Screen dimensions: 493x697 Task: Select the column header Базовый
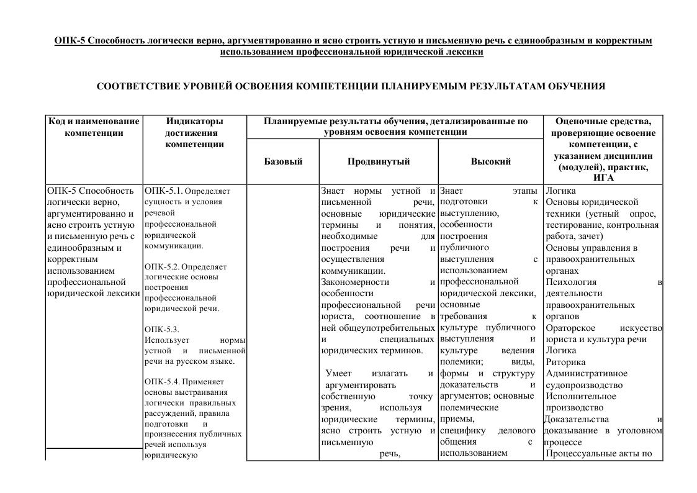[283, 161]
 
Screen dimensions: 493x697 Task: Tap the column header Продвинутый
[379, 161]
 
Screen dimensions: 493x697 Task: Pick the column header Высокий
[490, 161]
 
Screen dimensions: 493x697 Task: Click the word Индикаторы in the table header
[194, 121]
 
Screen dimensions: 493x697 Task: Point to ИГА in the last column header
[603, 178]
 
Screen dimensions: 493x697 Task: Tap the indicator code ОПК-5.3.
[161, 329]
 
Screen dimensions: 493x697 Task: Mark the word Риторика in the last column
[565, 362]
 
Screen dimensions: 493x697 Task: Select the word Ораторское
[570, 328]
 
